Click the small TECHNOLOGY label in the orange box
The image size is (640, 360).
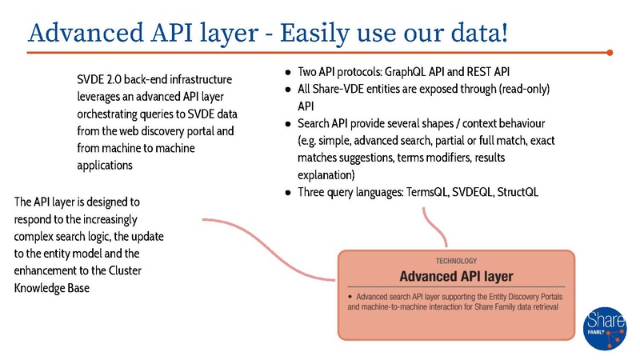tap(456, 261)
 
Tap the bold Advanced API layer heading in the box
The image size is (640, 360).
tap(456, 277)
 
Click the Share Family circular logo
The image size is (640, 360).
tap(606, 326)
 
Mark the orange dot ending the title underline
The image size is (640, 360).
tap(610, 53)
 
